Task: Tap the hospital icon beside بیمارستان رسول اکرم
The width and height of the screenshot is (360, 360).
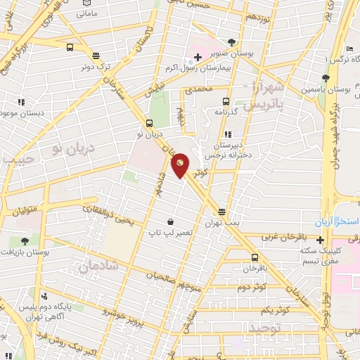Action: [198, 56]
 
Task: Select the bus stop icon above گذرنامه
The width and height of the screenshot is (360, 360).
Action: [226, 101]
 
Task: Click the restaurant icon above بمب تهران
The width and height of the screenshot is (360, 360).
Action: [222, 212]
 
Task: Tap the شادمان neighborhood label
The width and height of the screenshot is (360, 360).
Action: [96, 267]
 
